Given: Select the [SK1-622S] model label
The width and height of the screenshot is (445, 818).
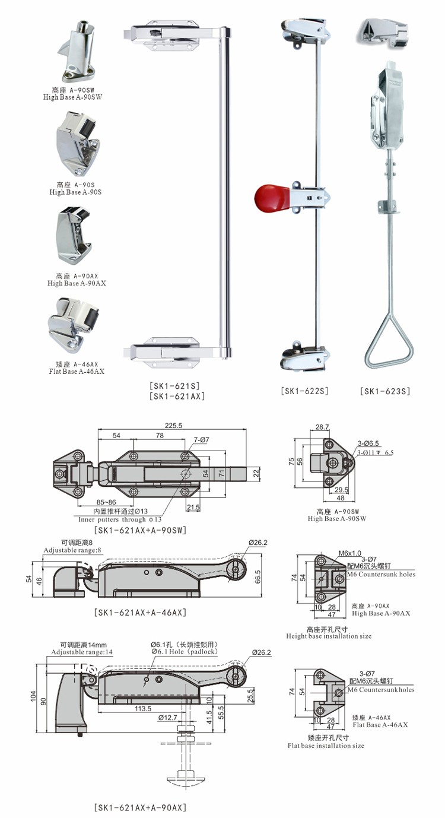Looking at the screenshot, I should coord(304,391).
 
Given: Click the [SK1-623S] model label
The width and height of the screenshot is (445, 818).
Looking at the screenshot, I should coord(385,391).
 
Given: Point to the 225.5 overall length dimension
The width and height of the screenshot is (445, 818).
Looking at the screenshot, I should coord(173,425).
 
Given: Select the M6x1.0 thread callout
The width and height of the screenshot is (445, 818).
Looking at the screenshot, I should coord(349,553).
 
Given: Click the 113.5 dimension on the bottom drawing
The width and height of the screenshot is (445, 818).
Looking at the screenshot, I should coord(143,708).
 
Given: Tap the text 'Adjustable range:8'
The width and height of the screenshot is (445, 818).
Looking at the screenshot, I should coord(72,550).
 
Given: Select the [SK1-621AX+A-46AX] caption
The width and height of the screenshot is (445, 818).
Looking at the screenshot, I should coord(140,612).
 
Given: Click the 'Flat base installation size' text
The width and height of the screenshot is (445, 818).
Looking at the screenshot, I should coord(326,746).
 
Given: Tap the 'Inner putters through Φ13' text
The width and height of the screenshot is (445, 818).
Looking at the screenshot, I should coord(120,519).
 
